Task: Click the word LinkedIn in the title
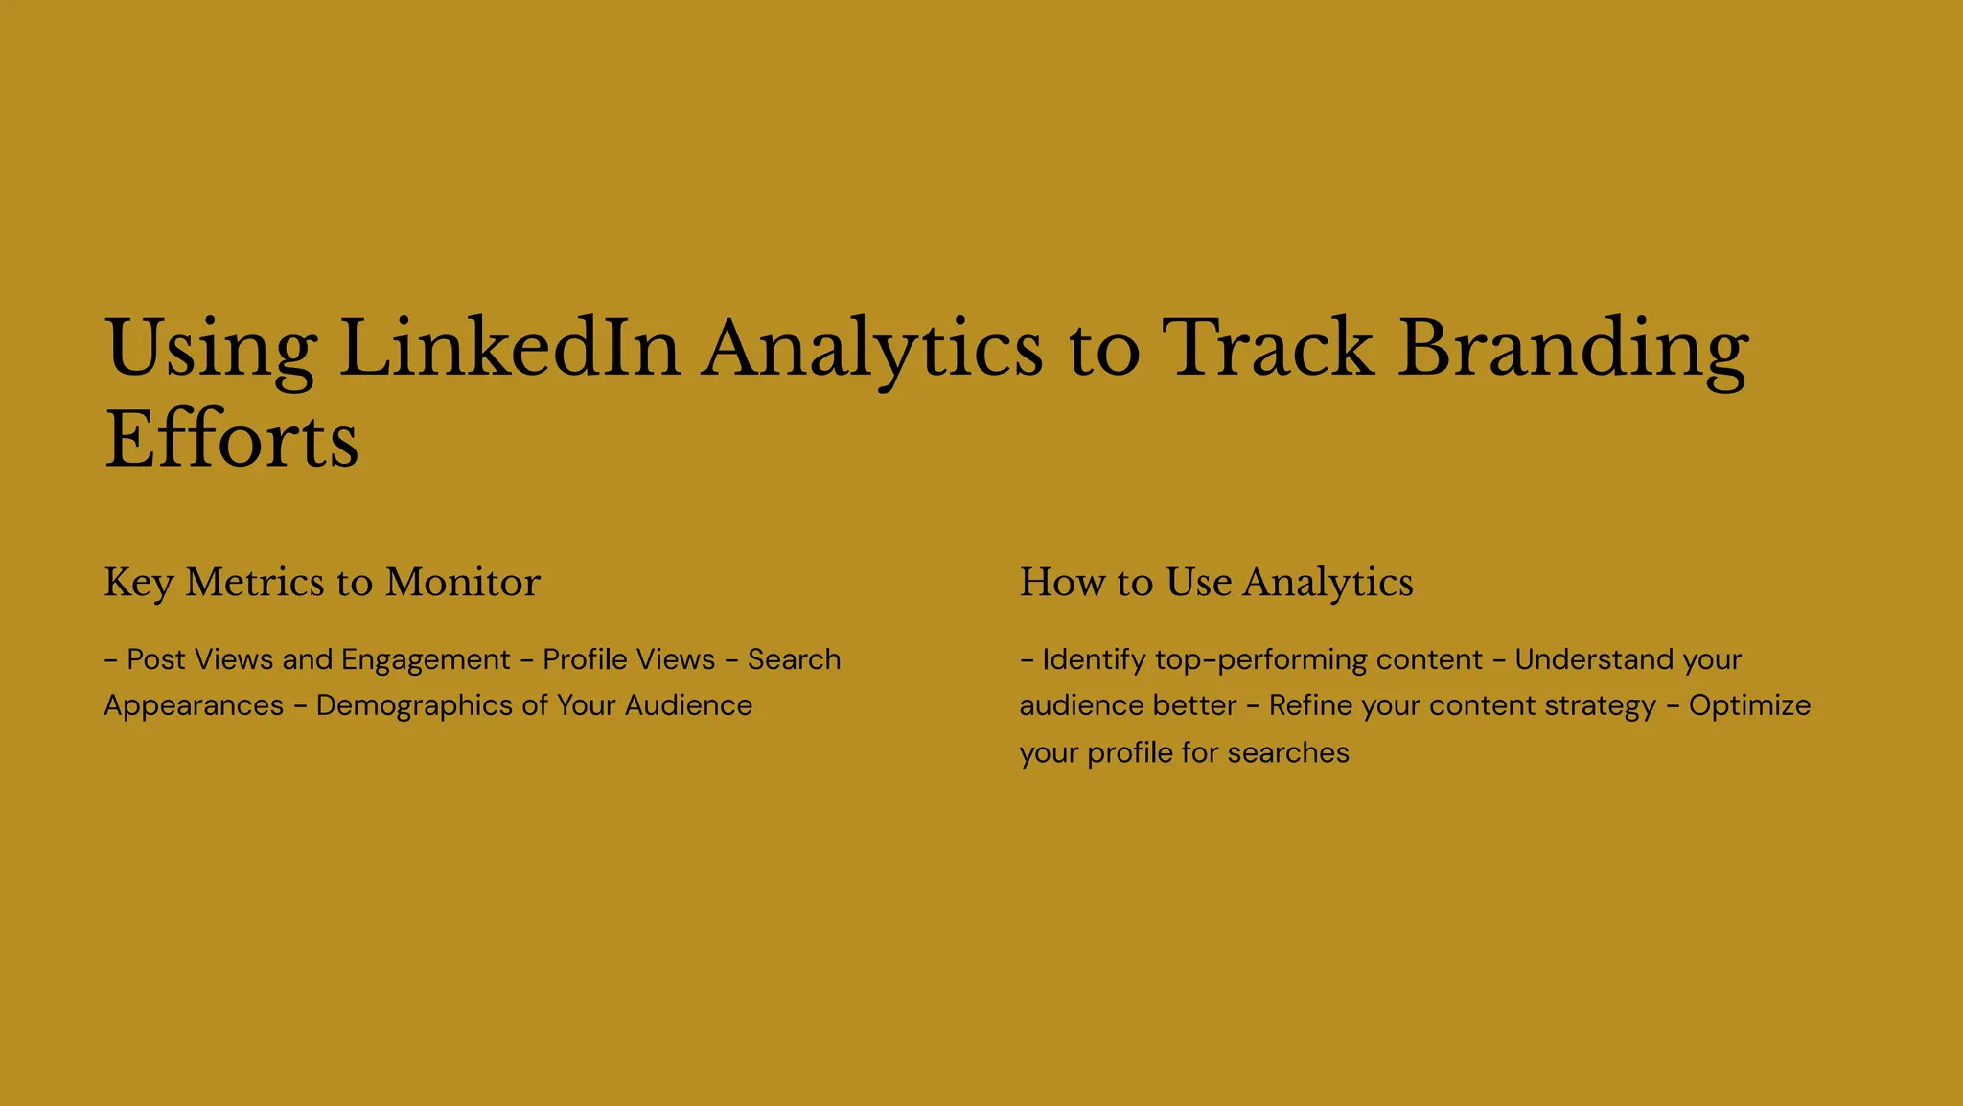coord(509,349)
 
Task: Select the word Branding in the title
coord(1573,349)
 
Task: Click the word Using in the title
coord(210,349)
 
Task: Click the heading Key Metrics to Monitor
coord(322,583)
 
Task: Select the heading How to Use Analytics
coord(1215,583)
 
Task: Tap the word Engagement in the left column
coord(426,660)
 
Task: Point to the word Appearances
coord(194,706)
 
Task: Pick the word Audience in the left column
coord(688,706)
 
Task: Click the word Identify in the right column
coord(1094,660)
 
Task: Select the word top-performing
coord(1261,660)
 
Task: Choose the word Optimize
coord(1749,706)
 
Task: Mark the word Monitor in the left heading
coord(463,583)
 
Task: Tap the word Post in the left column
coord(156,660)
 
